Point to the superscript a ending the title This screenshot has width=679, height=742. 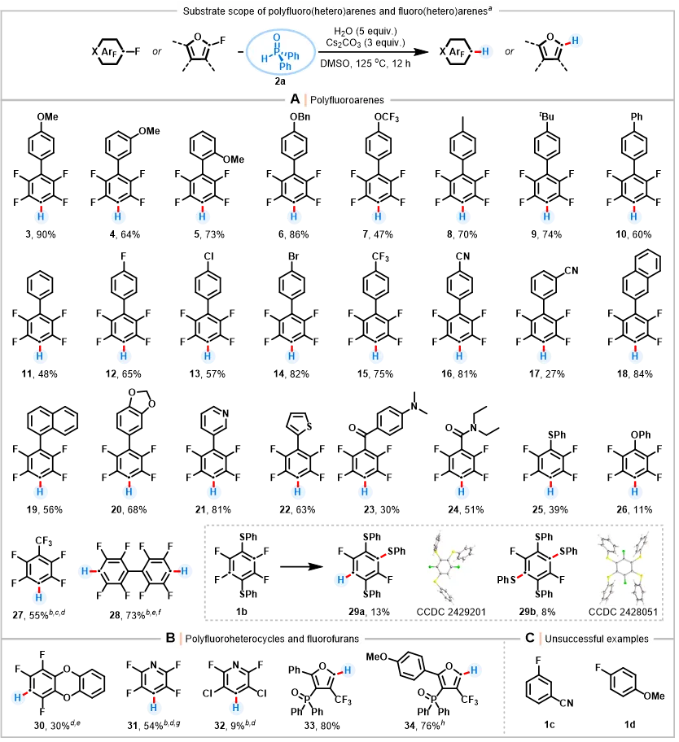tap(490, 10)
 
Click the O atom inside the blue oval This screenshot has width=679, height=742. tap(277, 37)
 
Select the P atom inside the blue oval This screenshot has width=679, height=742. tap(277, 50)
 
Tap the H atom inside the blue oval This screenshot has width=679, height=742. tap(264, 59)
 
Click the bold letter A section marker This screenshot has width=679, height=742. tap(295, 99)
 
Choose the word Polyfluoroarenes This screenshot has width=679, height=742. tap(347, 101)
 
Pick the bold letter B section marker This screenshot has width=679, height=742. tap(170, 638)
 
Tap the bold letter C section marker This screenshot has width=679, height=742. tap(529, 638)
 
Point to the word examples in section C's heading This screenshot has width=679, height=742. tap(628, 639)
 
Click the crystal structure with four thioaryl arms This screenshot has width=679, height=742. tap(621, 565)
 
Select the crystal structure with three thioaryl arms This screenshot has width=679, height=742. tap(453, 565)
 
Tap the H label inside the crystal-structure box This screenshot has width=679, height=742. tap(341, 581)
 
